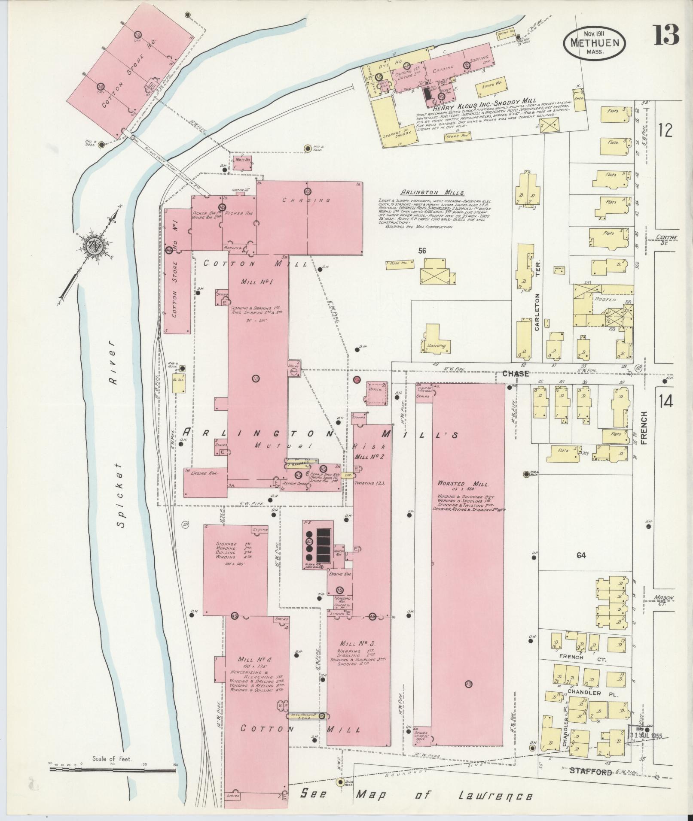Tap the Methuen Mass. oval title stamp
pyautogui.click(x=594, y=43)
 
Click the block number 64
pyautogui.click(x=581, y=555)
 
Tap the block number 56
pyautogui.click(x=422, y=251)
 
